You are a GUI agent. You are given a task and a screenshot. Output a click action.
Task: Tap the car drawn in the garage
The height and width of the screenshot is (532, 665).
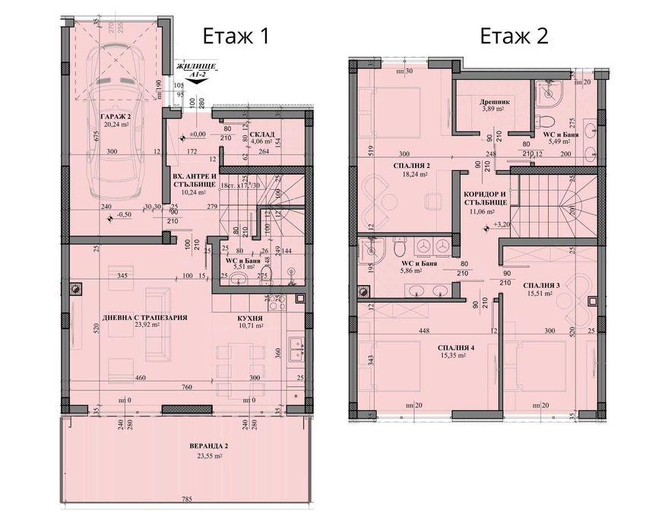pyautogui.click(x=118, y=125)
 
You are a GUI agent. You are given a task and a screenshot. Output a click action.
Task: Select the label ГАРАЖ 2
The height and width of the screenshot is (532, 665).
pyautogui.click(x=115, y=116)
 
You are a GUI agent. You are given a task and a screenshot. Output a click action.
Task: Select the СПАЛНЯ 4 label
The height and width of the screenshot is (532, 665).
pyautogui.click(x=456, y=348)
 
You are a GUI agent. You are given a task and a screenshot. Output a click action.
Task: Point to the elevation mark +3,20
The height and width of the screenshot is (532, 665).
pyautogui.click(x=501, y=225)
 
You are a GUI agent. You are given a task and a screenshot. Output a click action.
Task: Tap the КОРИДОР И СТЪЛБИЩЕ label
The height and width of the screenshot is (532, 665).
pyautogui.click(x=485, y=199)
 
